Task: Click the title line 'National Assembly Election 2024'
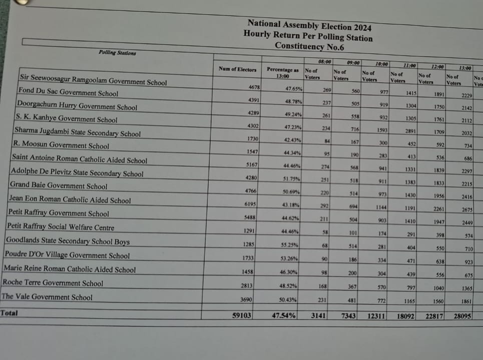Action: click(x=309, y=25)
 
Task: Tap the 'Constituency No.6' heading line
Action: click(x=310, y=46)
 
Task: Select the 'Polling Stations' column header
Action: click(x=117, y=53)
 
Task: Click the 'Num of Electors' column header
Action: click(x=238, y=69)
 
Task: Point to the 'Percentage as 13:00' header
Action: click(x=282, y=73)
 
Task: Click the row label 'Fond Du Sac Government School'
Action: click(x=68, y=92)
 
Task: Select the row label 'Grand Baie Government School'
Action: click(x=58, y=186)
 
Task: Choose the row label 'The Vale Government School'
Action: click(x=47, y=297)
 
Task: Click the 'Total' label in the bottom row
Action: click(x=9, y=313)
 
